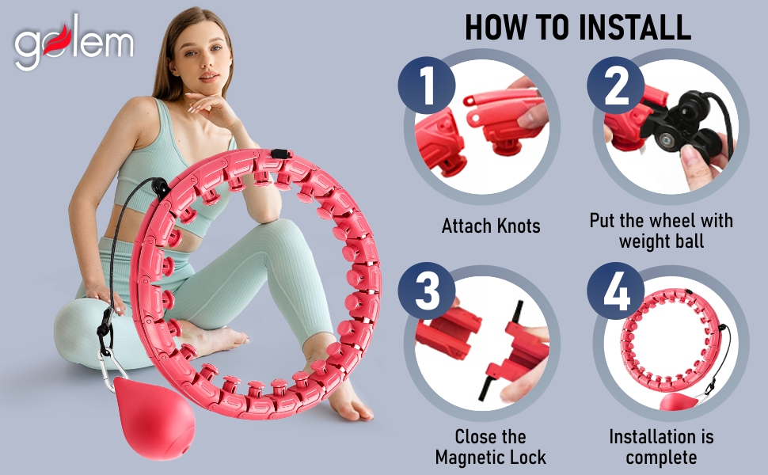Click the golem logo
[x=74, y=42]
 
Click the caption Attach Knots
[x=491, y=226]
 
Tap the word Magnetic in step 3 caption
[x=470, y=458]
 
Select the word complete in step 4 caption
[x=661, y=458]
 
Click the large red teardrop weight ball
[x=154, y=417]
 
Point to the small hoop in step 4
[x=671, y=337]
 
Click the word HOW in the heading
[x=495, y=28]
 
